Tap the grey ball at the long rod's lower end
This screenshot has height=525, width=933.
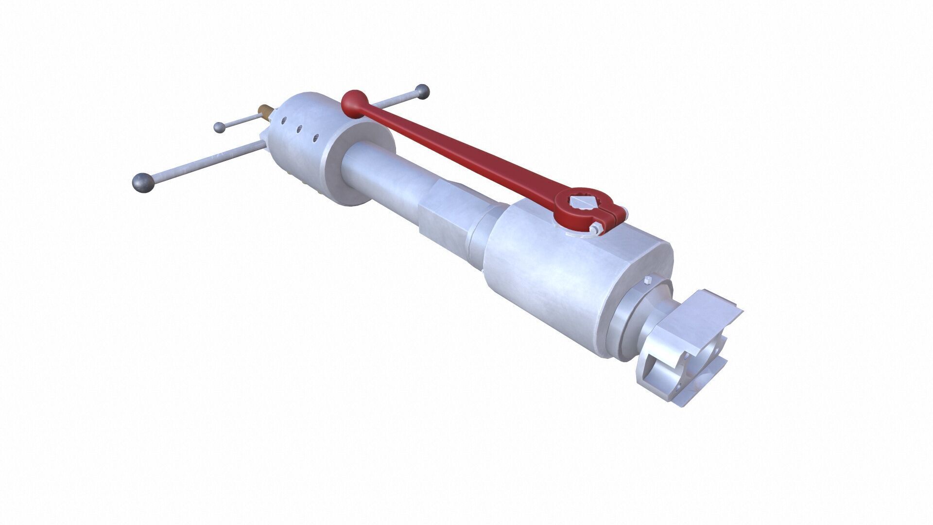point(143,182)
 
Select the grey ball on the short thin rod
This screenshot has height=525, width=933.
point(220,127)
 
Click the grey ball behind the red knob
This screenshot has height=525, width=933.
point(422,91)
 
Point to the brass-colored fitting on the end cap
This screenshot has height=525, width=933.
point(265,110)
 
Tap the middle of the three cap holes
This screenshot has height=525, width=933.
point(300,128)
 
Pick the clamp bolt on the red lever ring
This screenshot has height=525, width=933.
point(596,227)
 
